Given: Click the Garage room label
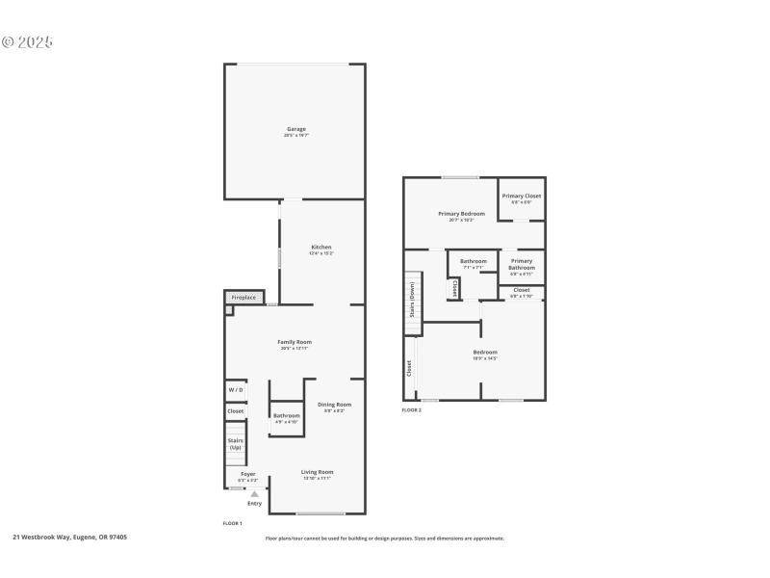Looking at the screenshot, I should [295, 129].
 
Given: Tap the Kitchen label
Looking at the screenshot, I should [321, 248].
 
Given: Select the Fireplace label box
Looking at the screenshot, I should [244, 298].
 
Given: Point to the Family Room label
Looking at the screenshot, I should [295, 342].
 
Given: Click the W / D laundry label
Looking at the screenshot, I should [235, 390].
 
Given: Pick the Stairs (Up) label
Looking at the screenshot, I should [235, 444].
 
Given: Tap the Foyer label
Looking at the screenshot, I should [247, 474].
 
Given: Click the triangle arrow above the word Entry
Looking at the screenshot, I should [254, 494].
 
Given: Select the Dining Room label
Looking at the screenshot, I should [334, 405].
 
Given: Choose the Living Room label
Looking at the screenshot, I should [318, 472].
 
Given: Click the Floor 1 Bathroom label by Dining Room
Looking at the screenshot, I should [286, 416].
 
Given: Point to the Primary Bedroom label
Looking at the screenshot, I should [461, 214].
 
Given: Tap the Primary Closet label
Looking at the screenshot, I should [521, 197].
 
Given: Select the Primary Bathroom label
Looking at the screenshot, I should [522, 264].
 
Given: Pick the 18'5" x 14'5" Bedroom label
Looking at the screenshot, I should [485, 353].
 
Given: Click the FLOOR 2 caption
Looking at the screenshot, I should [411, 410].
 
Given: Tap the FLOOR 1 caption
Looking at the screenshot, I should [232, 522].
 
